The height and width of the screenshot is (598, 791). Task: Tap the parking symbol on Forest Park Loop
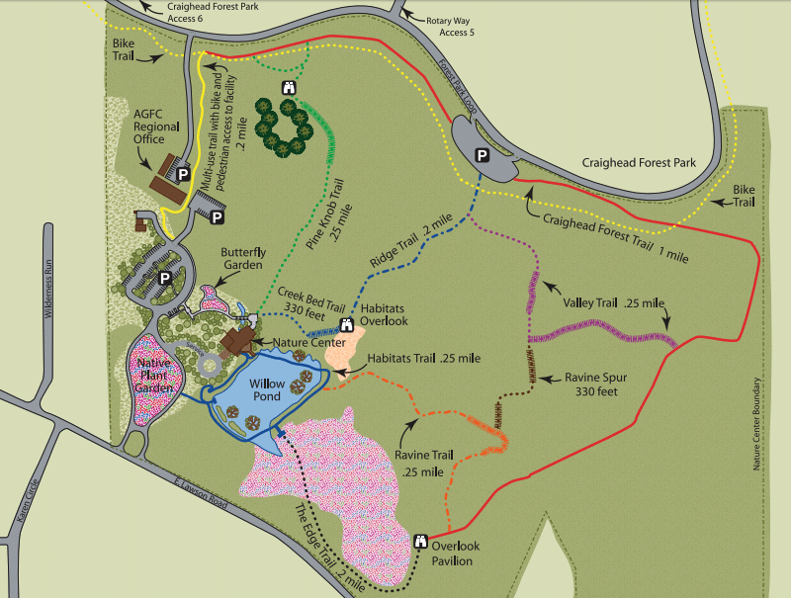(x=482, y=155)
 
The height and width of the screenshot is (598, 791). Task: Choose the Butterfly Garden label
(x=242, y=259)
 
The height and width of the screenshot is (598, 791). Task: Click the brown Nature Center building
(x=237, y=341)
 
